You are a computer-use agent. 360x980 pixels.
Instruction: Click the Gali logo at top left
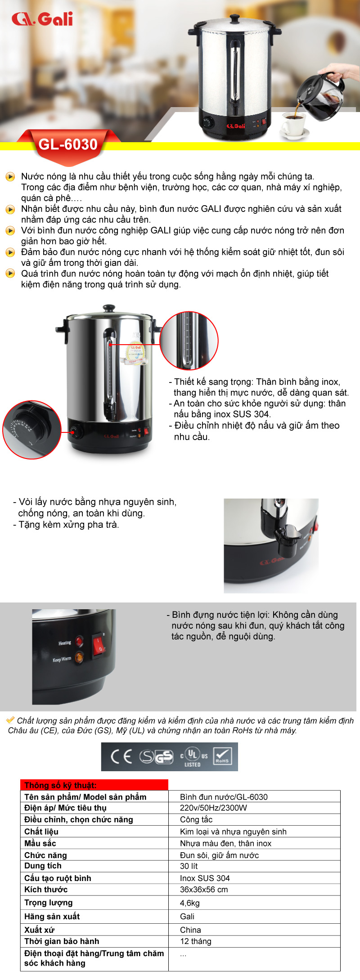click(x=42, y=19)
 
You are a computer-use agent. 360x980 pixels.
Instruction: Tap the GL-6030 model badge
click(x=68, y=144)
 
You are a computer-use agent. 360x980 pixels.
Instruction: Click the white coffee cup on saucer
click(x=293, y=123)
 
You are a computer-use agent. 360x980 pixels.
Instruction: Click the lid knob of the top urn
click(x=235, y=18)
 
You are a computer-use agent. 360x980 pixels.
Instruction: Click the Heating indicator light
click(x=80, y=641)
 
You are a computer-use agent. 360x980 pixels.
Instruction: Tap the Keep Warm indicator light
click(x=79, y=657)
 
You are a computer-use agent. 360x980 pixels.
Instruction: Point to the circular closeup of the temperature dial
click(x=31, y=430)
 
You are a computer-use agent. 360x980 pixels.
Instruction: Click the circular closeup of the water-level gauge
click(x=189, y=340)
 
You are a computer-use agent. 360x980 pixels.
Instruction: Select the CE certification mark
click(x=121, y=757)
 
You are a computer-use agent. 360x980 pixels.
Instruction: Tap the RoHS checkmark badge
click(x=222, y=756)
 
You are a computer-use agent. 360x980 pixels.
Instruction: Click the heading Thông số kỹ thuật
click(x=60, y=785)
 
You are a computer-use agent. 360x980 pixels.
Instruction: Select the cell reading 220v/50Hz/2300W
click(x=213, y=808)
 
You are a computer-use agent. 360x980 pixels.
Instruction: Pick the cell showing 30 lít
click(x=189, y=866)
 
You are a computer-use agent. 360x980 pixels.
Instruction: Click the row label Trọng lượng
click(x=48, y=903)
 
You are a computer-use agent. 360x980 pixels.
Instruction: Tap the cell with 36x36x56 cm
click(x=204, y=890)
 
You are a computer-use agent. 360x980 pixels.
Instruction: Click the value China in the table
click(x=190, y=930)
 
